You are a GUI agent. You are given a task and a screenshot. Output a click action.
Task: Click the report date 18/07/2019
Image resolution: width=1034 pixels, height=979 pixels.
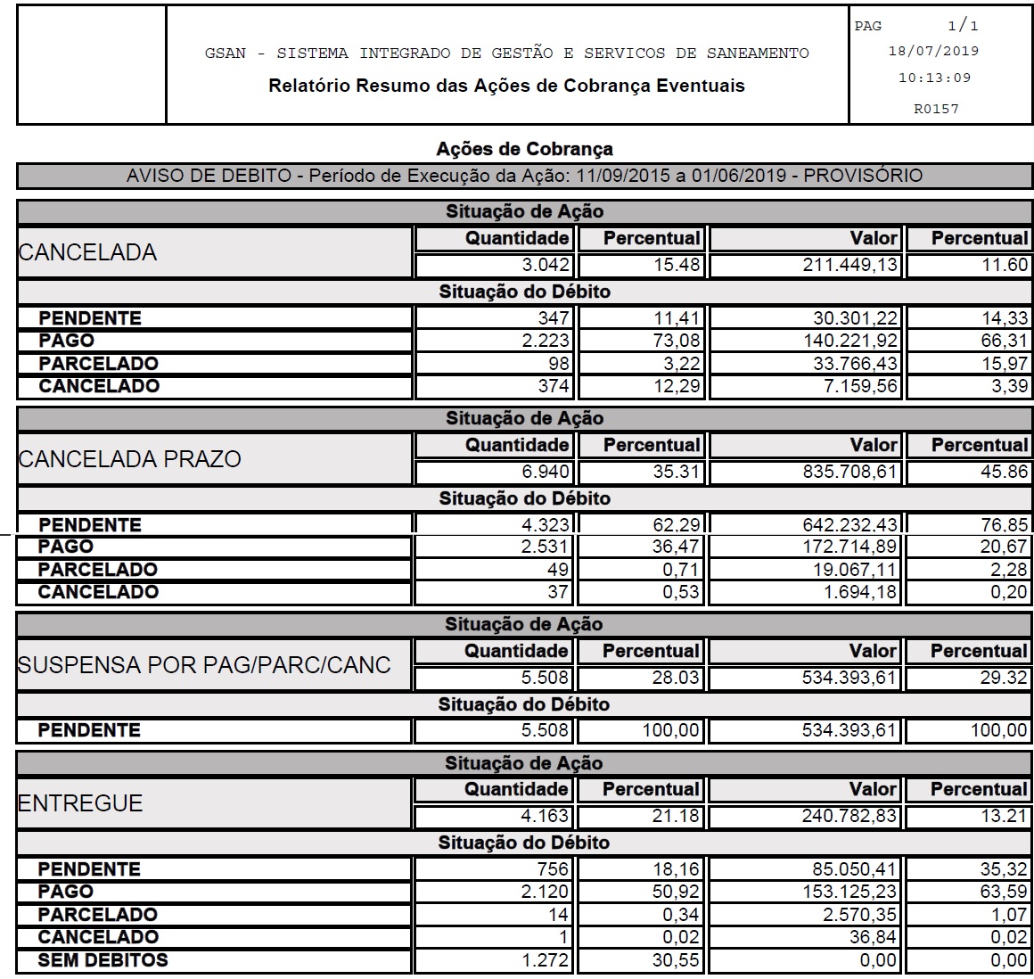933,51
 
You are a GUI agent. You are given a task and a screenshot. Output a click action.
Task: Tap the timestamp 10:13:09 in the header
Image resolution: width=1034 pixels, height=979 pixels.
933,78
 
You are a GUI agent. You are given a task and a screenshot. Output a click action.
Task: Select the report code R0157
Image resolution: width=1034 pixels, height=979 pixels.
935,109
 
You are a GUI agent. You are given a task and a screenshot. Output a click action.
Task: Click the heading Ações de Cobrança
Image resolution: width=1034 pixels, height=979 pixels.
524,149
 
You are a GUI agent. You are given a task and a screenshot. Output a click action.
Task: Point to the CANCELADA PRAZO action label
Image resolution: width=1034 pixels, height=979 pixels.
130,459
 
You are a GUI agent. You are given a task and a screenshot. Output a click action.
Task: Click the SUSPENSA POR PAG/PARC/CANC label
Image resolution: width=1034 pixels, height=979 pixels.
204,665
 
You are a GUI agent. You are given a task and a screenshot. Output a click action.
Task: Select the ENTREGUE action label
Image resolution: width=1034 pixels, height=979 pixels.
80,803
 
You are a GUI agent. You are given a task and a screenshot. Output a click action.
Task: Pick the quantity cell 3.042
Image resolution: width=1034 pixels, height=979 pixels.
546,265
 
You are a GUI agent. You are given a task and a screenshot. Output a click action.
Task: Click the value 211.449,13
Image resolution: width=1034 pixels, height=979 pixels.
849,265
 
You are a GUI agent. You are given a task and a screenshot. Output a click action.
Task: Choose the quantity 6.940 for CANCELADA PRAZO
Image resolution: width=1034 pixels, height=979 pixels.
546,472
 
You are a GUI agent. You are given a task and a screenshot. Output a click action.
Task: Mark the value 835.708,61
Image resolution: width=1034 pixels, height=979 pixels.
849,472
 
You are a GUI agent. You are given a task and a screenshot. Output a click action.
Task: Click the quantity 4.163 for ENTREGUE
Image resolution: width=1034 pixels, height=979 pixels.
546,816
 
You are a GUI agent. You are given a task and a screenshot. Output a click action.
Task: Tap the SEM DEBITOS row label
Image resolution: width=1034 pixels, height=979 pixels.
103,960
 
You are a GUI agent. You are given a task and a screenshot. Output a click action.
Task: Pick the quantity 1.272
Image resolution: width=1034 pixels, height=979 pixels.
546,960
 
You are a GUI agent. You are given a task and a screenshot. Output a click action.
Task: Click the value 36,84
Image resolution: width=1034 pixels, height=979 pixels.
873,937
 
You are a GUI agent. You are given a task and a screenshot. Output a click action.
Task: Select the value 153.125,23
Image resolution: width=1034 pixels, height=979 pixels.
849,892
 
